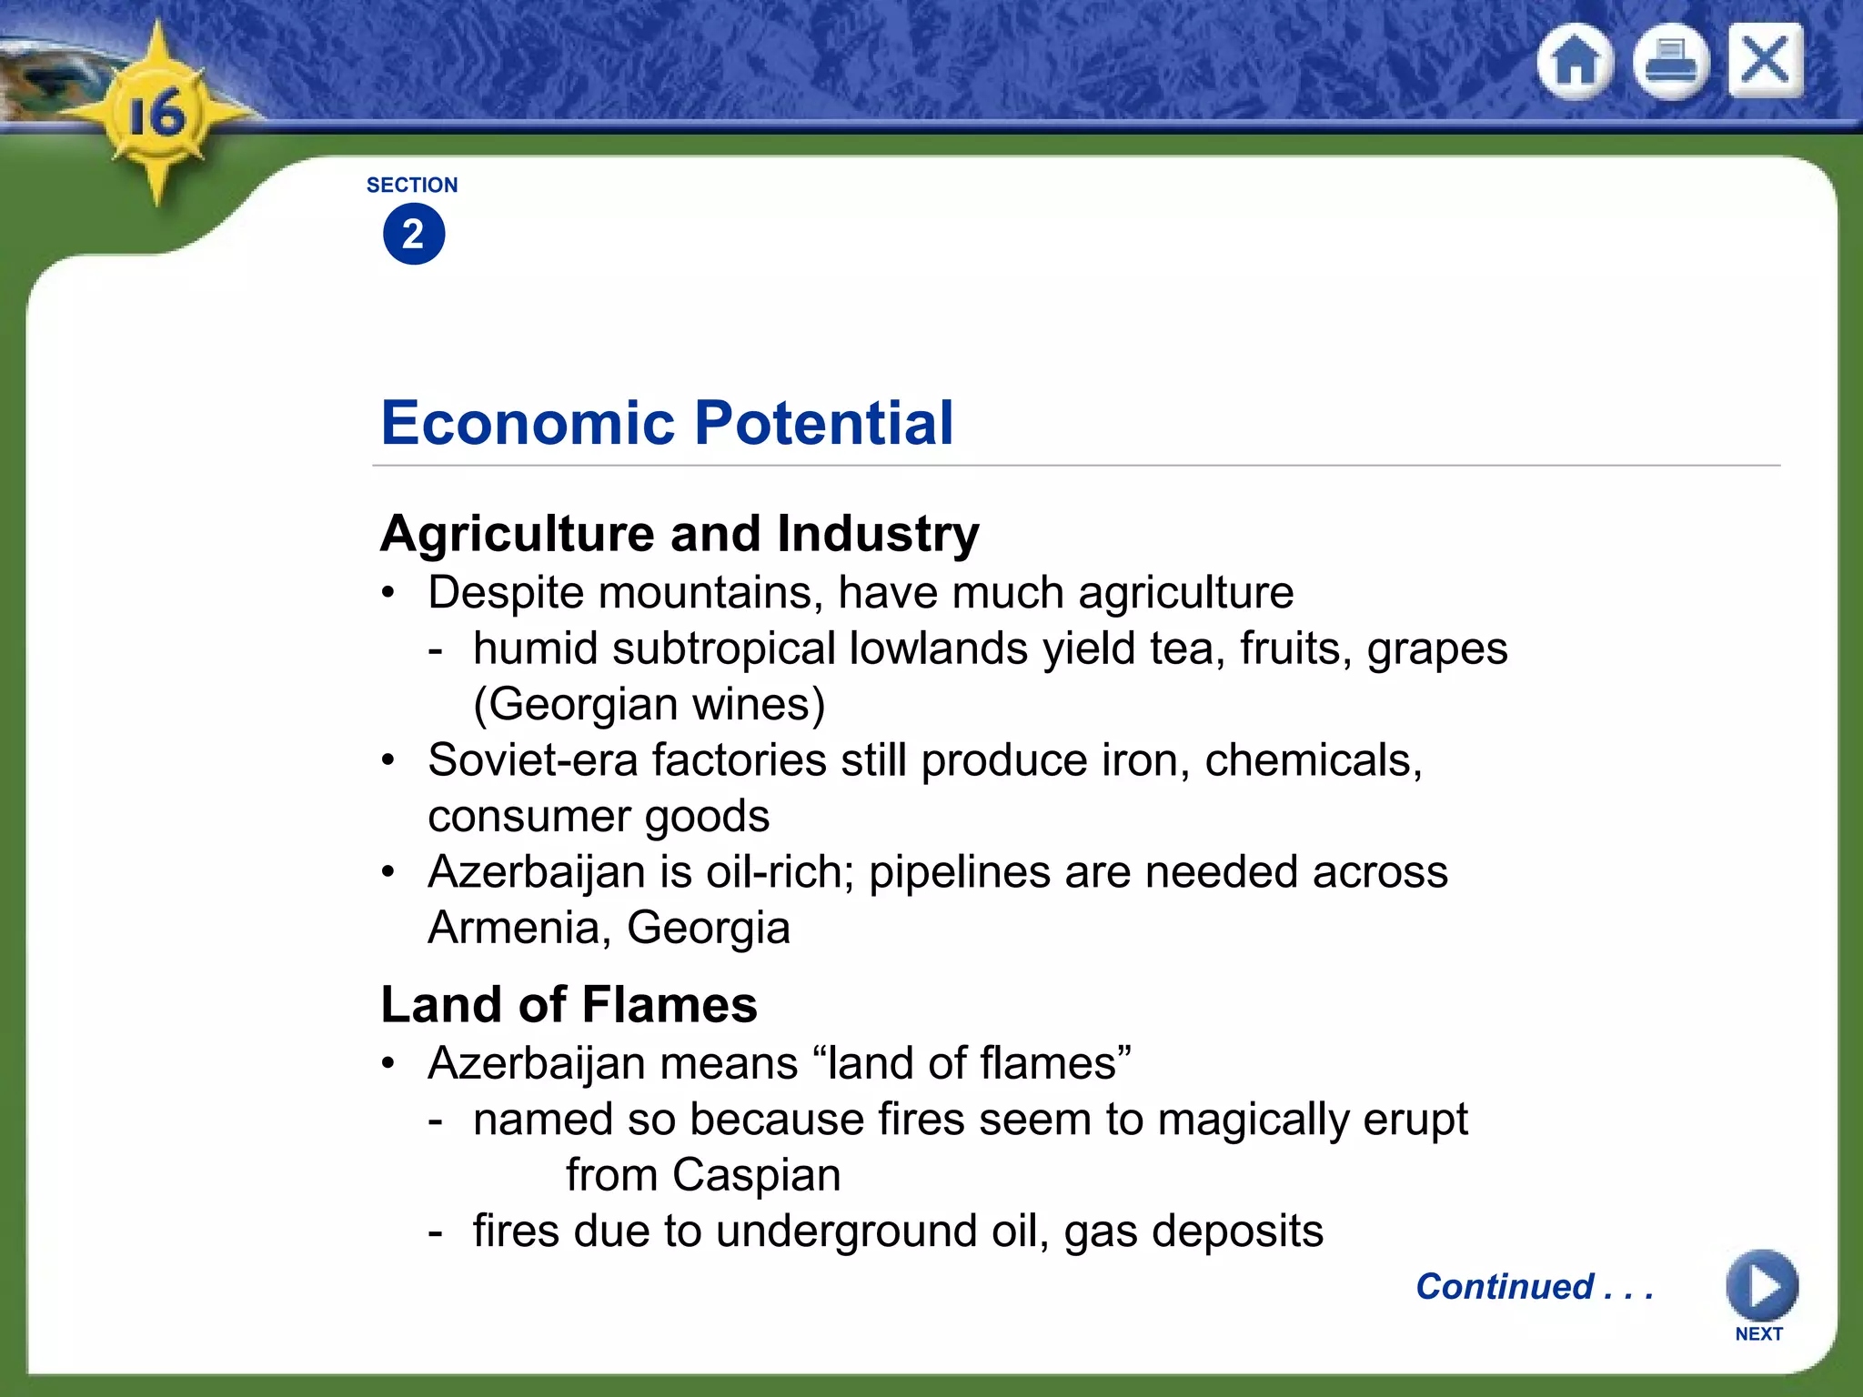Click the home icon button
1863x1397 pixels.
coord(1576,62)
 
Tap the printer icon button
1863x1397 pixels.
coord(1671,62)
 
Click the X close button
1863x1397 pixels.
coord(1766,60)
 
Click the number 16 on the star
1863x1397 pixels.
coord(156,116)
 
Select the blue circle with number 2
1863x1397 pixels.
coord(414,235)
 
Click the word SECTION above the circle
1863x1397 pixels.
coord(412,186)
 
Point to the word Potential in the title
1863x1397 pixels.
coord(824,423)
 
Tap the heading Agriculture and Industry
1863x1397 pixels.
coord(680,533)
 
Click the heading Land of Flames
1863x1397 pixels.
coord(569,1005)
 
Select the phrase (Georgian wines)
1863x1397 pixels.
coord(650,705)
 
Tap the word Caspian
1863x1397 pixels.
coord(757,1175)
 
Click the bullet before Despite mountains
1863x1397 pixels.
coord(388,593)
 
